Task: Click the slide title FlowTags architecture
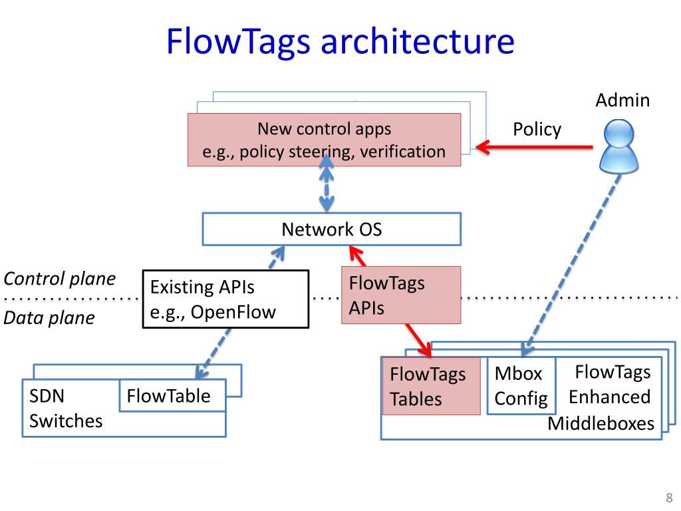tap(340, 42)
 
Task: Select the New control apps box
tap(324, 140)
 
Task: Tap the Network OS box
tap(332, 229)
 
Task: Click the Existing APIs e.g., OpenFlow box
tap(226, 299)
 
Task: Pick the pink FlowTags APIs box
tap(401, 295)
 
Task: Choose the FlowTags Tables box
tap(431, 386)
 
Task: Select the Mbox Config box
tap(521, 385)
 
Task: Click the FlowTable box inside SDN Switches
tap(172, 395)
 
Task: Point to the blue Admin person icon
tap(618, 147)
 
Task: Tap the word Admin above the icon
tap(622, 100)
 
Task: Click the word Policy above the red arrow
tap(537, 130)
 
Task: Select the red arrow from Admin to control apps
tap(534, 147)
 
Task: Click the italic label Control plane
tap(59, 279)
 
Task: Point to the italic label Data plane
tap(49, 317)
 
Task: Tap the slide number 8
tap(669, 498)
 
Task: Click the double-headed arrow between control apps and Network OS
tap(327, 183)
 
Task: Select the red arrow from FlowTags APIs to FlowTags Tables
tap(419, 340)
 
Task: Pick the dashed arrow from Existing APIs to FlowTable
tap(213, 353)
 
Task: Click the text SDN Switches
tap(66, 409)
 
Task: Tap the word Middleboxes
tap(601, 424)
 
